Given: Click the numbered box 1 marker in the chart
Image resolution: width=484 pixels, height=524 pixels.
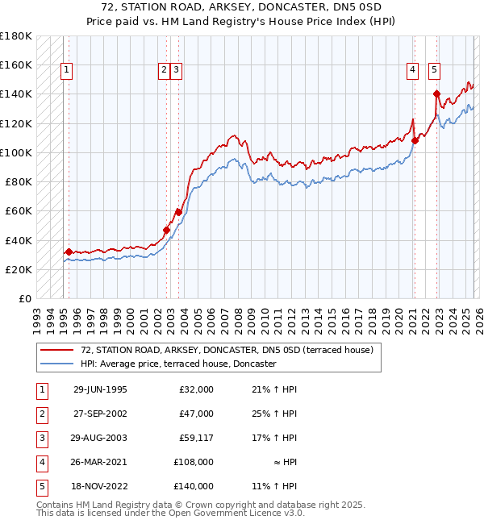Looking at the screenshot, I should (65, 71).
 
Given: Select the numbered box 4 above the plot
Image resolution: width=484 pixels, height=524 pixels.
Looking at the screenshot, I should (412, 71).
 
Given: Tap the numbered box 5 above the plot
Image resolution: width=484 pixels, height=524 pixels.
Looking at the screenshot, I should (434, 71).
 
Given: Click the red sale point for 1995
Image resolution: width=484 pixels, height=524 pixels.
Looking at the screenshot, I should (69, 252).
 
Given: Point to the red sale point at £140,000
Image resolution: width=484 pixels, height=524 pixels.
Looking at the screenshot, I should (436, 94).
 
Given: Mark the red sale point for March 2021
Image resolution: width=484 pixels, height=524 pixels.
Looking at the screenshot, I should (415, 140).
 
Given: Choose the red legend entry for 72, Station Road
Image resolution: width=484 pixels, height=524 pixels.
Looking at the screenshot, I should (227, 351).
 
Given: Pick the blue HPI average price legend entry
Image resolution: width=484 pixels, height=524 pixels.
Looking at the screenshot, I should (178, 364).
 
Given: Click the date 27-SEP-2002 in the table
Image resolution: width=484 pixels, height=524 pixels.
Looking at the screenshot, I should (100, 414).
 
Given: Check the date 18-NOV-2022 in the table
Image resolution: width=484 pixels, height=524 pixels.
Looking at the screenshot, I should (100, 486).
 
